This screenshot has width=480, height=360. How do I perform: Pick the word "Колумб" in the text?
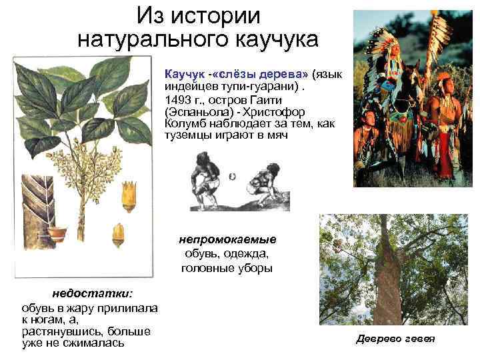coord(183,124)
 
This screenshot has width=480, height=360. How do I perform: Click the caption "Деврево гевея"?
coord(395,339)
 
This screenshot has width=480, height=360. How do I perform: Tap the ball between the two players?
coord(231,177)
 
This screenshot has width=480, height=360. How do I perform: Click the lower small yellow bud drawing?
coord(118,234)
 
